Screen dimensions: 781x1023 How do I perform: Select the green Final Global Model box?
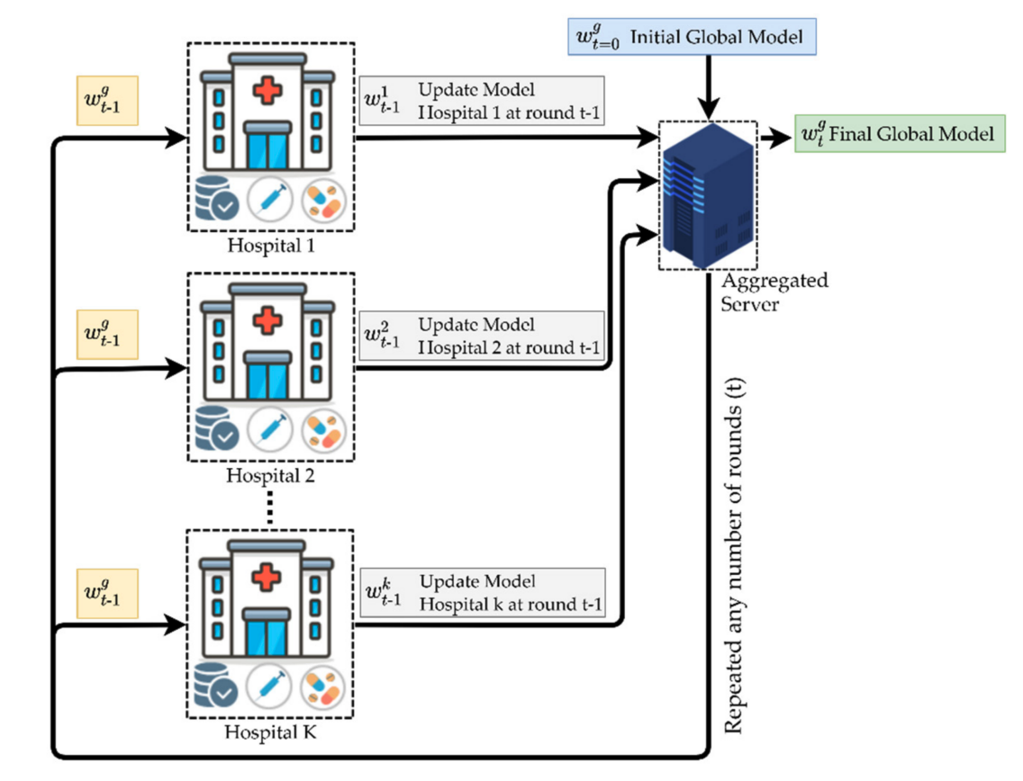(899, 135)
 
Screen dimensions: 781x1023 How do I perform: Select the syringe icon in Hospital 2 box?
(269, 430)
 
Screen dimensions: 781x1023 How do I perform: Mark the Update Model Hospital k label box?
(482, 592)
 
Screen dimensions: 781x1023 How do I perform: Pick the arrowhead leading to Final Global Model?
(774, 138)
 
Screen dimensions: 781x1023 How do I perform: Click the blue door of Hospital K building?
(268, 638)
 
